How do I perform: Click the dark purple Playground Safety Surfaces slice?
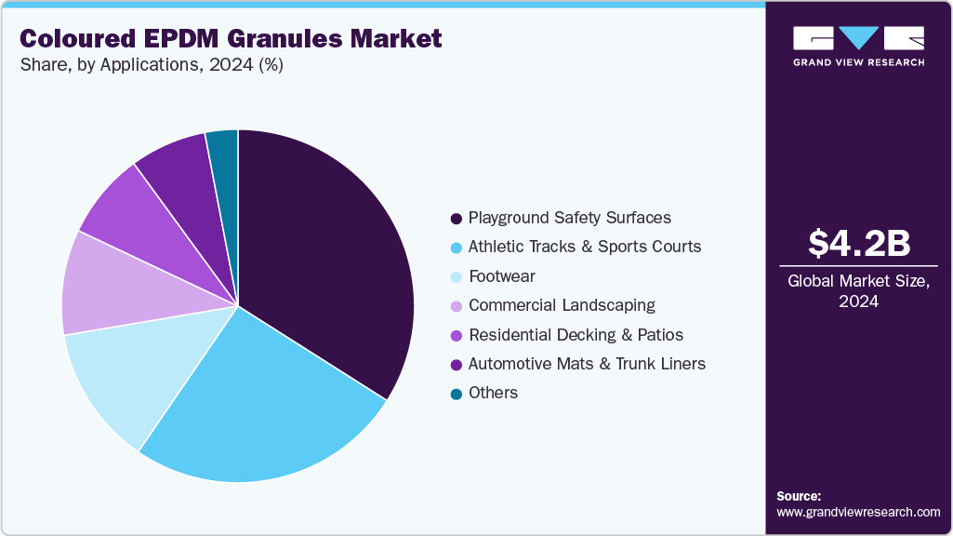[x=325, y=251]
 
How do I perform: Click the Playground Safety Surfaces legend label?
[x=569, y=218]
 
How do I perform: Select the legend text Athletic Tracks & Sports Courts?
[x=585, y=247]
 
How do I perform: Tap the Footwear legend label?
[x=502, y=276]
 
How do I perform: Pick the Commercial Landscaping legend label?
[x=562, y=305]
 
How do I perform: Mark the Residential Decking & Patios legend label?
[x=576, y=334]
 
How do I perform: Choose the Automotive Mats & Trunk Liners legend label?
[x=587, y=364]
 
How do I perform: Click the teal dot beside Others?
[x=456, y=394]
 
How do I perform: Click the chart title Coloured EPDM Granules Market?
[x=230, y=39]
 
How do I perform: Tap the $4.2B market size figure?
[x=858, y=243]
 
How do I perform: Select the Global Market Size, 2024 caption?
[x=858, y=291]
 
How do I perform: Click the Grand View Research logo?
[x=858, y=45]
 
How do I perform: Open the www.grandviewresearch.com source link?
[x=858, y=512]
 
